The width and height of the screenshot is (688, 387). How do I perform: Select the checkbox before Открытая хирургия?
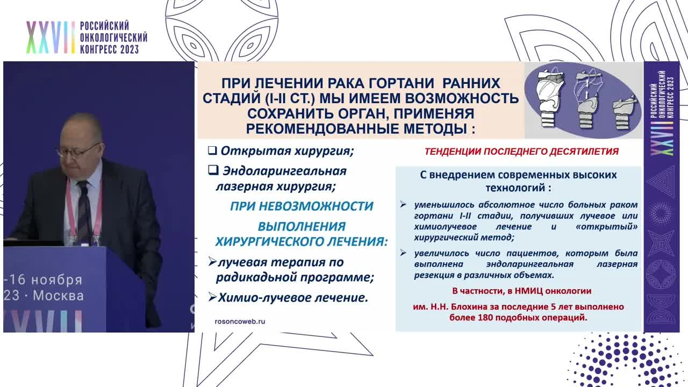tap(212, 150)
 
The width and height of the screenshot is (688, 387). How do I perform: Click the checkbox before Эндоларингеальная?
tap(213, 171)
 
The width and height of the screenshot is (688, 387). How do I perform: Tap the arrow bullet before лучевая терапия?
tap(212, 262)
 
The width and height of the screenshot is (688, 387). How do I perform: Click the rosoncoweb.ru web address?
tap(240, 321)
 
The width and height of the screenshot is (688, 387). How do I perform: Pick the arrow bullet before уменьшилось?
tap(403, 205)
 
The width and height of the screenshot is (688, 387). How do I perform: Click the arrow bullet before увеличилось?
tap(403, 253)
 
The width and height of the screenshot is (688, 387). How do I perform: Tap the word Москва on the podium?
tap(59, 296)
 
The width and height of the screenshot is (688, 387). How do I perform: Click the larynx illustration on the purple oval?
tap(582, 101)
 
